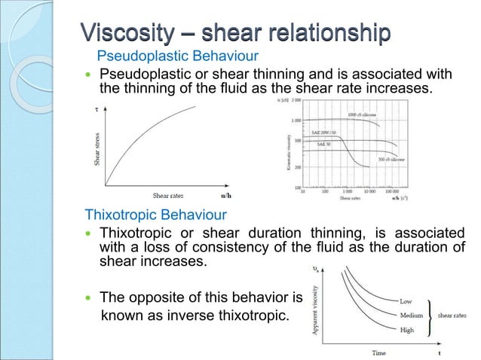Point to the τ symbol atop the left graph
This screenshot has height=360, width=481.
pyautogui.click(x=96, y=109)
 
